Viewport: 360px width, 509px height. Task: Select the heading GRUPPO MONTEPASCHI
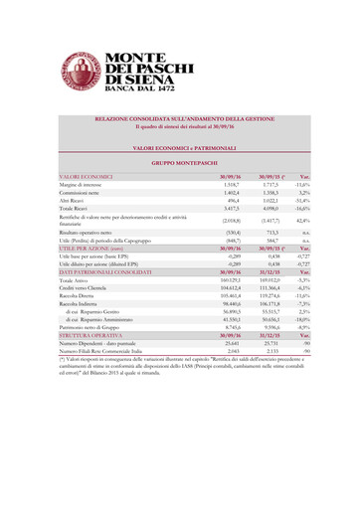click(179, 161)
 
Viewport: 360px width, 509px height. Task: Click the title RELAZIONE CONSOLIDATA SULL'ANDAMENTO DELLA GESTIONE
click(179, 118)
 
